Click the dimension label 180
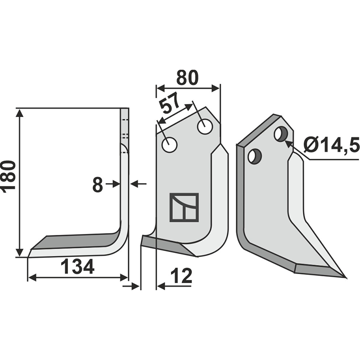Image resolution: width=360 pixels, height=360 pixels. pyautogui.click(x=9, y=176)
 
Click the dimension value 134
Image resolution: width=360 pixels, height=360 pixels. pyautogui.click(x=77, y=267)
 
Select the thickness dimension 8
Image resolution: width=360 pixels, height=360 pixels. pyautogui.click(x=98, y=184)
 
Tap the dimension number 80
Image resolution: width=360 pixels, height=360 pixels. pyautogui.click(x=187, y=78)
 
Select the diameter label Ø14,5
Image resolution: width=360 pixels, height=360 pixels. pyautogui.click(x=331, y=145)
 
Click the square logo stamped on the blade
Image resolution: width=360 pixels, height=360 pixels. pyautogui.click(x=184, y=207)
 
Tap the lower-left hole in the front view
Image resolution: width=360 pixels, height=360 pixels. pyautogui.click(x=170, y=145)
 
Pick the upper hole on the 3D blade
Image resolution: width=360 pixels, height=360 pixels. pyautogui.click(x=281, y=134)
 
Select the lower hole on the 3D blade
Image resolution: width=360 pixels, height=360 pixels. pyautogui.click(x=254, y=156)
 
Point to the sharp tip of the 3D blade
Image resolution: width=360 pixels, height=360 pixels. pyautogui.click(x=345, y=277)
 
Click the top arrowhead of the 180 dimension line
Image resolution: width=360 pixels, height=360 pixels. pyautogui.click(x=19, y=112)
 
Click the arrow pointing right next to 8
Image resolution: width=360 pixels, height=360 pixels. pyautogui.click(x=116, y=184)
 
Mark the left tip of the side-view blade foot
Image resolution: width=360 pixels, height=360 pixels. pyautogui.click(x=30, y=255)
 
